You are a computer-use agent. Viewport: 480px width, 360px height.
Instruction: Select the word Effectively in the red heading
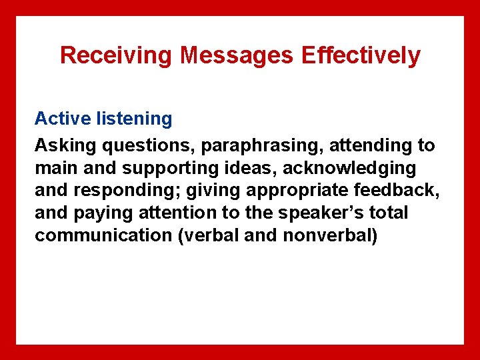(361, 55)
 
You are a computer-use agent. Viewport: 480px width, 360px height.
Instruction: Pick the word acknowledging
(353, 167)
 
